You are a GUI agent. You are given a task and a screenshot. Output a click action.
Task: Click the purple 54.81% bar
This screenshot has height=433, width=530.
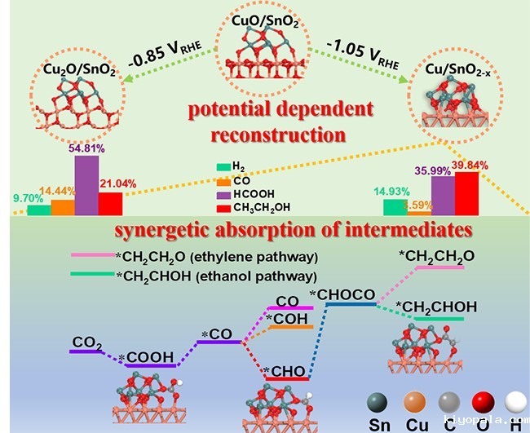tap(86, 185)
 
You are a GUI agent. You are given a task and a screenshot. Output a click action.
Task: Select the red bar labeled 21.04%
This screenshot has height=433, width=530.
tap(110, 204)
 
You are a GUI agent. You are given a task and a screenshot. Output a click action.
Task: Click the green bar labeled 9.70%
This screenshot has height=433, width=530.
tap(38, 210)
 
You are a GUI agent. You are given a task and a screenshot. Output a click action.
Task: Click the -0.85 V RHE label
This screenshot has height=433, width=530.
tap(169, 61)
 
